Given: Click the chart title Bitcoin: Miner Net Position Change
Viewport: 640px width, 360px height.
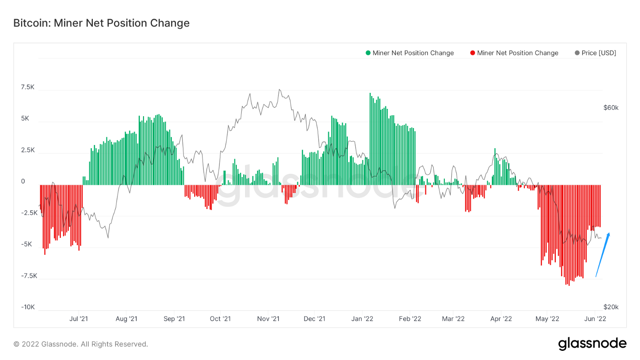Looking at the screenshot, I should coord(101,23).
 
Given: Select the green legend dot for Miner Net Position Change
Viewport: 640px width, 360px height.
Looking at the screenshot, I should coord(368,53).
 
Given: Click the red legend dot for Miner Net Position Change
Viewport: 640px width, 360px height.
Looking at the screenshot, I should coord(472,53).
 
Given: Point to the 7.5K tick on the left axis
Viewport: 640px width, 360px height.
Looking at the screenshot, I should coord(27,87).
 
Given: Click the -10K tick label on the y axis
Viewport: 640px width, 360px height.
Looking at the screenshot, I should coord(27,307).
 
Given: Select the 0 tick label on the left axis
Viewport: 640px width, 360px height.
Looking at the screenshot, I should coord(23,182).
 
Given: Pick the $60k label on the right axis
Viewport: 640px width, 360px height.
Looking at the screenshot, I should coord(611,108).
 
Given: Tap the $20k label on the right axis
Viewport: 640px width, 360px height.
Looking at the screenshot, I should coord(611,307).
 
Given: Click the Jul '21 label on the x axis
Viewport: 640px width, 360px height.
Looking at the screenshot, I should coord(79,319).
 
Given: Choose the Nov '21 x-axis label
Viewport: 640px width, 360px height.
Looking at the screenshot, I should coord(268,319).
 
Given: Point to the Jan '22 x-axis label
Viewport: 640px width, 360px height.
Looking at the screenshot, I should coord(363,319).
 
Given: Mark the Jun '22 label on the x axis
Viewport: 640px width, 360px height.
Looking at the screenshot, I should coord(596,319).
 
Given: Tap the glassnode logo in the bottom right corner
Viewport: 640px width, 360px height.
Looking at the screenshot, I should coord(592,344).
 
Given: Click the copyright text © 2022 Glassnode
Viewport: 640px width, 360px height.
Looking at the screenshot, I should coord(80,344).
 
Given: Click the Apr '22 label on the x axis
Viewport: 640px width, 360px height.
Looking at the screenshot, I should coord(501,319).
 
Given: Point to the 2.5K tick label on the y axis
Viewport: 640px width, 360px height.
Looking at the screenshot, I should coord(27,150).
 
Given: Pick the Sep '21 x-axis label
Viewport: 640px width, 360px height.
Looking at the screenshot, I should coord(174,319).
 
